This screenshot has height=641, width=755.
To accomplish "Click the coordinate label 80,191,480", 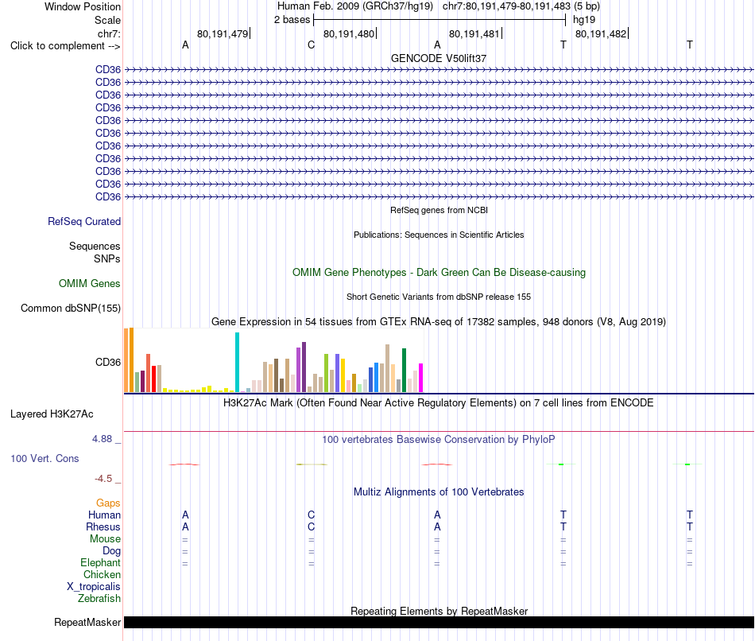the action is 349,33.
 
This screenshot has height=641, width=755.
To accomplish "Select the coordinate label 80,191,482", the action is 601,33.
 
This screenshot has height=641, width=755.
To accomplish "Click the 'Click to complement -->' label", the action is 65,46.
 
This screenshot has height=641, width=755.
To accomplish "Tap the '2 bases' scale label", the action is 292,20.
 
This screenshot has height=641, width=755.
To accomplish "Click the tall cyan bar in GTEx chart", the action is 237,362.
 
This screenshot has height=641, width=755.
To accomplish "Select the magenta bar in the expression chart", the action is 421,378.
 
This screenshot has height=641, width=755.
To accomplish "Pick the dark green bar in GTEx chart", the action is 404,370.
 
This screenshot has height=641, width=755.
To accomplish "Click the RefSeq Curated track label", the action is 84,221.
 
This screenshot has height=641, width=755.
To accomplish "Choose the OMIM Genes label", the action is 90,283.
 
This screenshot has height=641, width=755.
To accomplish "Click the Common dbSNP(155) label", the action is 71,308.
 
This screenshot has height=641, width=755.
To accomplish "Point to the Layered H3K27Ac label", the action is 52,414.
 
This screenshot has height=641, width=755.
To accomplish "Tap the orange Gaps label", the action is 108,503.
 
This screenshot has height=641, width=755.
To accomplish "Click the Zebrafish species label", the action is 99,599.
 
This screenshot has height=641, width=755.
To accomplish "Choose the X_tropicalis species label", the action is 94,587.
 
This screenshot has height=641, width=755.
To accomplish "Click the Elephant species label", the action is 100,563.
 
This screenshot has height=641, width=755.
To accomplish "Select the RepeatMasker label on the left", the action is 87,622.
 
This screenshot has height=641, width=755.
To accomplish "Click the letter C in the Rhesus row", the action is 311,526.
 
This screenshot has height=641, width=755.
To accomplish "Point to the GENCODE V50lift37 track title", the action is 439,58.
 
